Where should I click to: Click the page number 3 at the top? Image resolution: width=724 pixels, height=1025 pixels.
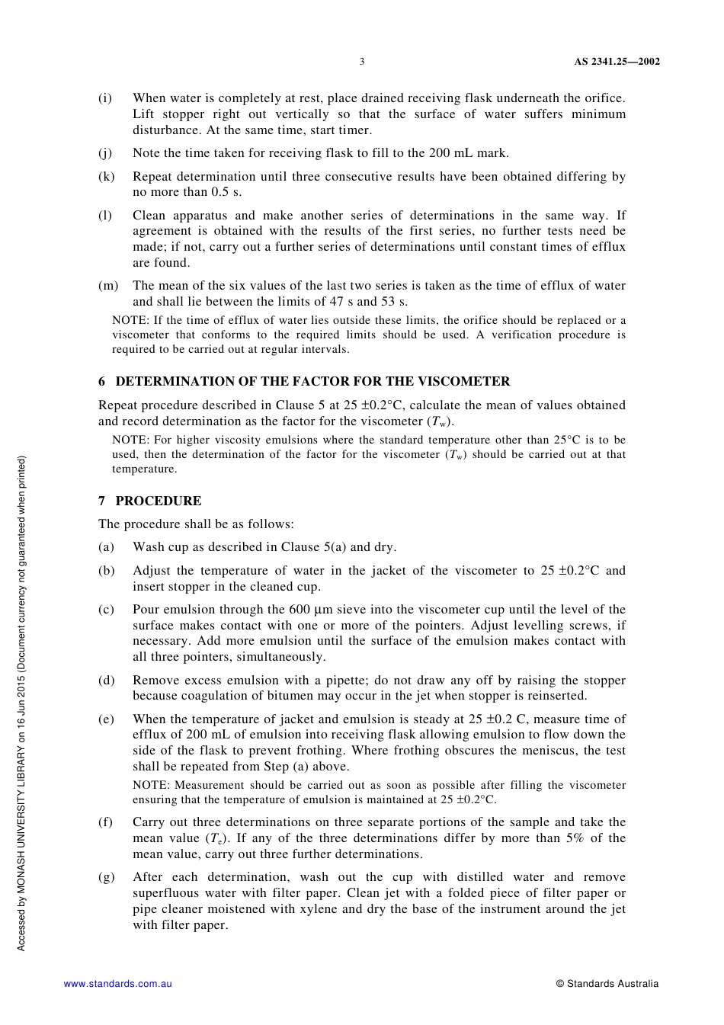click(x=362, y=62)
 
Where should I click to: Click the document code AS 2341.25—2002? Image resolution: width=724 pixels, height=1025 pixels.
click(x=617, y=62)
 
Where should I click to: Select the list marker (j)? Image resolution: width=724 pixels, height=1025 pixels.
click(x=105, y=153)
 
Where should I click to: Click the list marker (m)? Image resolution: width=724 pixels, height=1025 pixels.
click(x=108, y=286)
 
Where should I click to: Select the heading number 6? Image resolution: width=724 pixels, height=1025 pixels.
click(x=102, y=382)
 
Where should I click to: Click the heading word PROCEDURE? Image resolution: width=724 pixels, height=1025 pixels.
click(x=159, y=501)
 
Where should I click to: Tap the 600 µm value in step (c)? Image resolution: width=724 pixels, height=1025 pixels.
click(x=298, y=610)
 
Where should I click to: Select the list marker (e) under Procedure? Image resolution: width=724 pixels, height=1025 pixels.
click(x=106, y=719)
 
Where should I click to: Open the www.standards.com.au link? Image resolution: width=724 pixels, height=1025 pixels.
click(x=118, y=984)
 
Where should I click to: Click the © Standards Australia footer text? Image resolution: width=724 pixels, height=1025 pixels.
click(x=607, y=984)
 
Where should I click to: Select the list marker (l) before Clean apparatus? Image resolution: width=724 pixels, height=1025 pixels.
click(x=104, y=216)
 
